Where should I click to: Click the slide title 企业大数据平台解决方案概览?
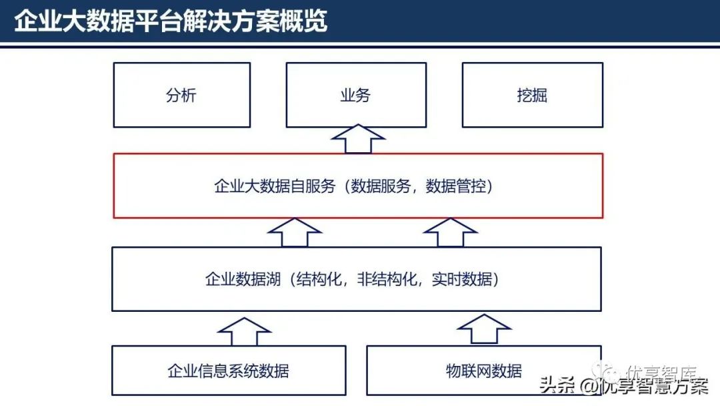click(171, 21)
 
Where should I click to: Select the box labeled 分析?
click(181, 95)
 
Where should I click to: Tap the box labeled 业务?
click(356, 95)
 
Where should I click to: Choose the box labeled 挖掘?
click(532, 95)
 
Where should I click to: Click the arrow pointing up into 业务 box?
click(358, 139)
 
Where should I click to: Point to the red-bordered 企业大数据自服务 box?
click(358, 186)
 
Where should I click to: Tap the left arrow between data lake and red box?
click(294, 232)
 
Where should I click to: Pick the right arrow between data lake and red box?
click(451, 232)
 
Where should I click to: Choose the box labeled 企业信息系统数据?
click(229, 370)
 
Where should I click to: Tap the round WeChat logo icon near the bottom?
click(612, 371)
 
